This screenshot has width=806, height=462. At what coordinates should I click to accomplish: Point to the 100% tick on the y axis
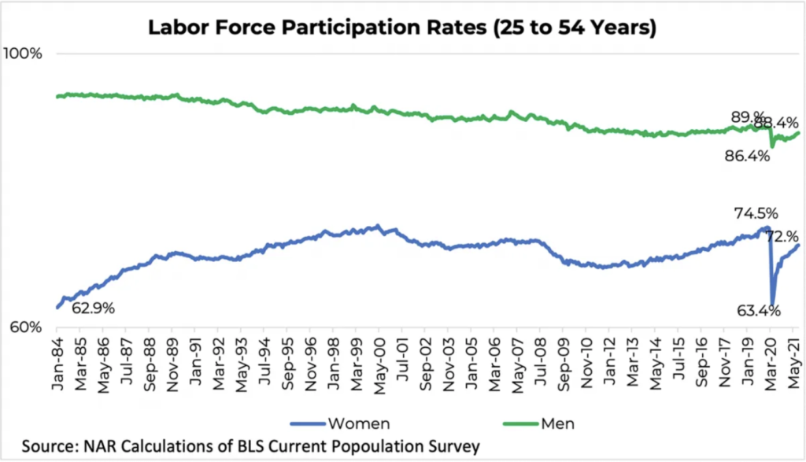point(26,54)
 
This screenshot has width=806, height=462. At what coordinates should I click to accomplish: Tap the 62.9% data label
point(93,308)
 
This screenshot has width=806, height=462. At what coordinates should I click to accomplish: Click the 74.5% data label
point(756,213)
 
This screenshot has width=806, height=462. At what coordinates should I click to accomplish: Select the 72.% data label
point(782,236)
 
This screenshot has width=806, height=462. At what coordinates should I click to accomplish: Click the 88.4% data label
point(777,123)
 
